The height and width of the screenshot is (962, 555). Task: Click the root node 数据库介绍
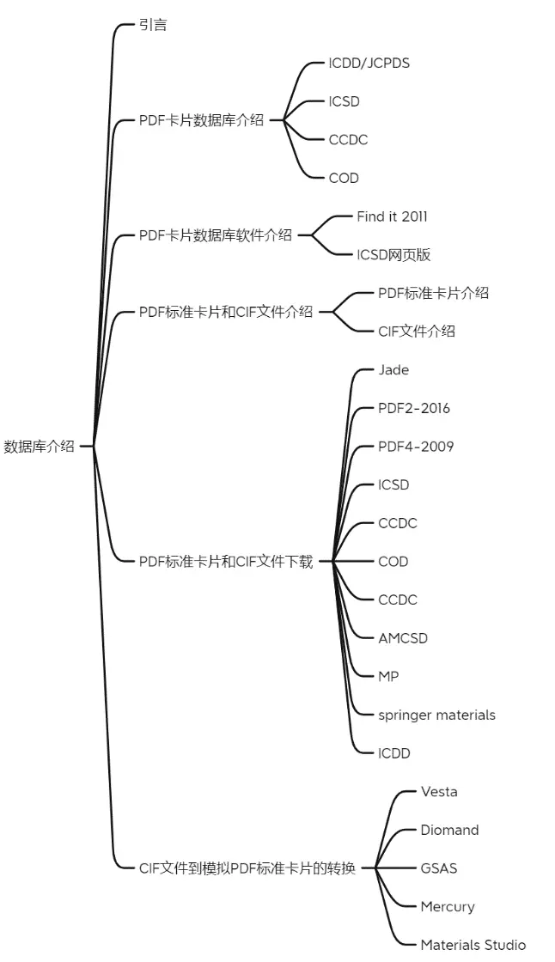click(39, 446)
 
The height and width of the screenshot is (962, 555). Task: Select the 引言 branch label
click(153, 25)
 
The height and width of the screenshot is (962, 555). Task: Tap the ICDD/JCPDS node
click(369, 64)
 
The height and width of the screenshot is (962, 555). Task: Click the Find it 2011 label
click(393, 216)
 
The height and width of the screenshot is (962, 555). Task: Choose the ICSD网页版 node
click(393, 254)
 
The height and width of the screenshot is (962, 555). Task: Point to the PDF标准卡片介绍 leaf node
click(434, 293)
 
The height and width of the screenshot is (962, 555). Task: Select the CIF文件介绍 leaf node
click(417, 332)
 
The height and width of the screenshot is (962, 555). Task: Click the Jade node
click(393, 370)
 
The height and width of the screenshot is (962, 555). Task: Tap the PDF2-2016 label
click(414, 408)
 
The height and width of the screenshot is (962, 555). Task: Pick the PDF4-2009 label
click(416, 447)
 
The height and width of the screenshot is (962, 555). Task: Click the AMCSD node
click(403, 638)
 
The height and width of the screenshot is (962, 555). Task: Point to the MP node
click(388, 677)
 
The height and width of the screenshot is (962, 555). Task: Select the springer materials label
click(436, 715)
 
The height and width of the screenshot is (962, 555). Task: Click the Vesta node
click(439, 791)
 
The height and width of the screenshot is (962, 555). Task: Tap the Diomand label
click(449, 830)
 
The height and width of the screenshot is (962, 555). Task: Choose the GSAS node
click(439, 868)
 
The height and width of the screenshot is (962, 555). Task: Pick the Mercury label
click(448, 907)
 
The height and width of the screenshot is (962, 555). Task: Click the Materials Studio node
click(473, 945)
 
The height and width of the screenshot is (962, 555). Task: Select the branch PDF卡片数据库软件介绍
click(216, 235)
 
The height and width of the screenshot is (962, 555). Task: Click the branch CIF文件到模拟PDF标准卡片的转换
click(247, 868)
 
